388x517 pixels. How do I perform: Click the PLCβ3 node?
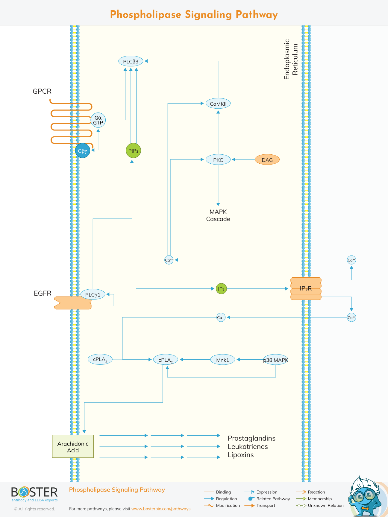click(131, 61)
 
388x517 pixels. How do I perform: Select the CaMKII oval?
click(218, 104)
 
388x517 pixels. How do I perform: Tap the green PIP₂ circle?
click(133, 151)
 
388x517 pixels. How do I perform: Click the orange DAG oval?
click(267, 160)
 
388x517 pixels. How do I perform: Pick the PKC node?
click(218, 160)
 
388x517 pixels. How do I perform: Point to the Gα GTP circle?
click(98, 120)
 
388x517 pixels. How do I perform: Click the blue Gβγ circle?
click(83, 151)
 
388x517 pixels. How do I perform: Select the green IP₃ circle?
click(221, 289)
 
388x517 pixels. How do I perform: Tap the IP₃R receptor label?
click(306, 288)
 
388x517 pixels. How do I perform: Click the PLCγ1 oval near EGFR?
click(93, 294)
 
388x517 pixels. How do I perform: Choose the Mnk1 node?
click(222, 360)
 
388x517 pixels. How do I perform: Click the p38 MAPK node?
click(276, 360)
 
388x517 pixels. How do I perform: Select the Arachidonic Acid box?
click(73, 447)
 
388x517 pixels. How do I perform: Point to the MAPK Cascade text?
click(218, 215)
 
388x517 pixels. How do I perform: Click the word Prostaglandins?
click(251, 438)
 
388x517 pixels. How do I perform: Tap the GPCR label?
click(42, 91)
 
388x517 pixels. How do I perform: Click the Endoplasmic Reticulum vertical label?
click(291, 60)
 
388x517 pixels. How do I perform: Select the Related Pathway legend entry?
click(273, 499)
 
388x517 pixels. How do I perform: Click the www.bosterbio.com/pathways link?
click(161, 509)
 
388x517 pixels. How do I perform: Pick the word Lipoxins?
click(241, 455)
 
